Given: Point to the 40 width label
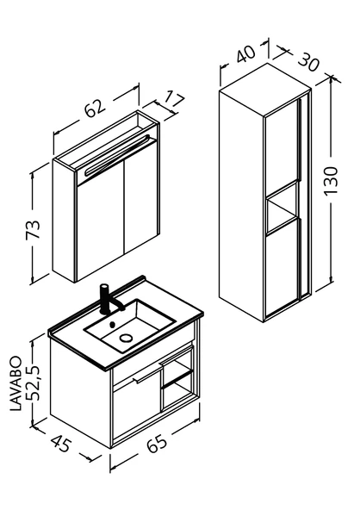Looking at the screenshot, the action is [245, 53].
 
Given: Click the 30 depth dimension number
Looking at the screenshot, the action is [308, 62].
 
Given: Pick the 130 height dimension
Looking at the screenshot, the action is [331, 180].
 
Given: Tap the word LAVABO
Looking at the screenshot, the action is [16, 384].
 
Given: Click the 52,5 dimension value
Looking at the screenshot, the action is [33, 382].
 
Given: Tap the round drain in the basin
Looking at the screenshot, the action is [126, 338].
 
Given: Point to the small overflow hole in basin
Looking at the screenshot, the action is [113, 324].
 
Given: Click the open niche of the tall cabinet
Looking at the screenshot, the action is [282, 208].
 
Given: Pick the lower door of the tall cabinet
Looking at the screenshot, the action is [282, 267].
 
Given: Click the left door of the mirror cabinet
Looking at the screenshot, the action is [100, 221].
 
